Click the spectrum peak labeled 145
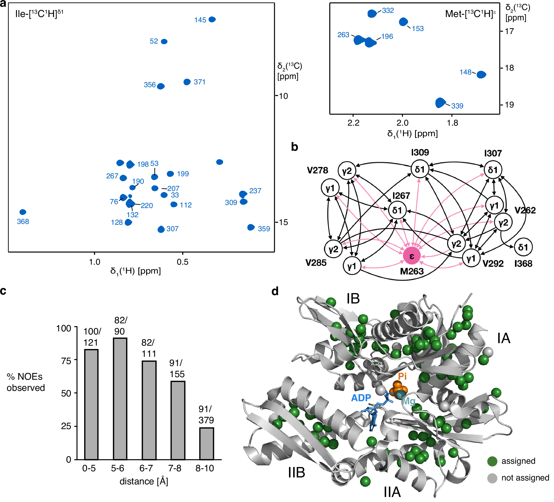212,19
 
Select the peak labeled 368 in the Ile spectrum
23,212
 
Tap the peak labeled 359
251,227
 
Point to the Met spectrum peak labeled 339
440,103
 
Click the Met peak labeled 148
481,75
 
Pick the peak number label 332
388,11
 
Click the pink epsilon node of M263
412,255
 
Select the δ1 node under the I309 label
420,169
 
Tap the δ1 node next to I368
523,247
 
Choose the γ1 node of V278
330,188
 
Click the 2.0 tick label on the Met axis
402,123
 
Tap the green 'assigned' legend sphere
492,461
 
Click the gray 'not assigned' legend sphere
492,478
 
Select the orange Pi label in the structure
402,376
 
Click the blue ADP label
361,398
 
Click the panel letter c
3,291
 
